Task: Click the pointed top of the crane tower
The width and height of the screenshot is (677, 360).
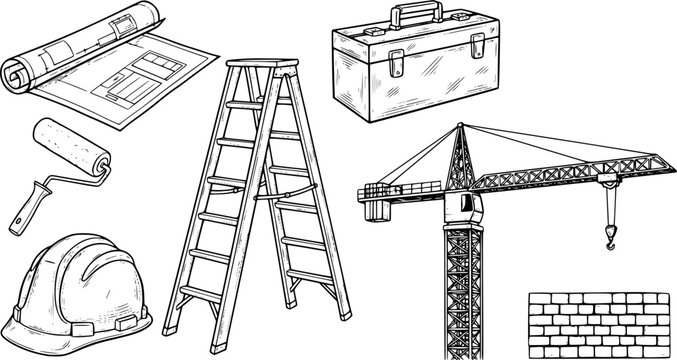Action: [x=459, y=129]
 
